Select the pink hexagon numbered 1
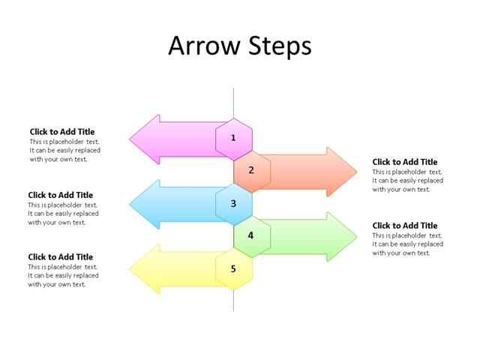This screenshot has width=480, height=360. (233, 138)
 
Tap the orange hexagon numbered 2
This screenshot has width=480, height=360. (251, 170)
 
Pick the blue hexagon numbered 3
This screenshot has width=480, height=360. (233, 203)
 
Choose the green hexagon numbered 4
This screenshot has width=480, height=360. (251, 235)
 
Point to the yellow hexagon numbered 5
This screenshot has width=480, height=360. (233, 268)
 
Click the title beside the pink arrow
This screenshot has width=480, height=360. (62, 132)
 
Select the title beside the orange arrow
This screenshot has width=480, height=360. (405, 162)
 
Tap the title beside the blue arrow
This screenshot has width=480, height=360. (61, 195)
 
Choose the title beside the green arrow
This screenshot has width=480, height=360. (405, 226)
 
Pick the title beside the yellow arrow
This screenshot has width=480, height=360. (61, 257)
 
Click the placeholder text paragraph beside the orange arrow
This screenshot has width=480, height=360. (407, 181)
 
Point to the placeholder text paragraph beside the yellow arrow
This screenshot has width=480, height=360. (63, 275)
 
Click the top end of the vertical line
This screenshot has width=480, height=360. (233, 89)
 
